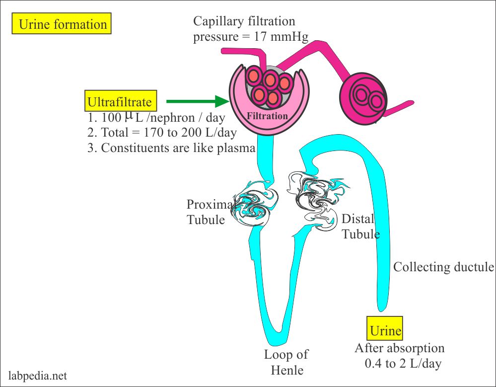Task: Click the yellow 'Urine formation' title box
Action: point(63,24)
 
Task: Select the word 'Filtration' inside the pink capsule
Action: point(268,116)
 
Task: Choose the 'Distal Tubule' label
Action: point(360,227)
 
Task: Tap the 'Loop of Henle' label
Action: point(285,362)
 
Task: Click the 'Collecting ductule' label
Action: point(443,267)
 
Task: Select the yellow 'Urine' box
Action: point(385,330)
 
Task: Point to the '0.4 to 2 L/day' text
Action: point(403,363)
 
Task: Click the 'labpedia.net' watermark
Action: point(38,376)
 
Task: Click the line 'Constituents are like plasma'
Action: point(178,148)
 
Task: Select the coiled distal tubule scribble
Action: point(315,199)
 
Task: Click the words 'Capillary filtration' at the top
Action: point(244,21)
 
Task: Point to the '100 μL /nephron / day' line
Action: point(156,118)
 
